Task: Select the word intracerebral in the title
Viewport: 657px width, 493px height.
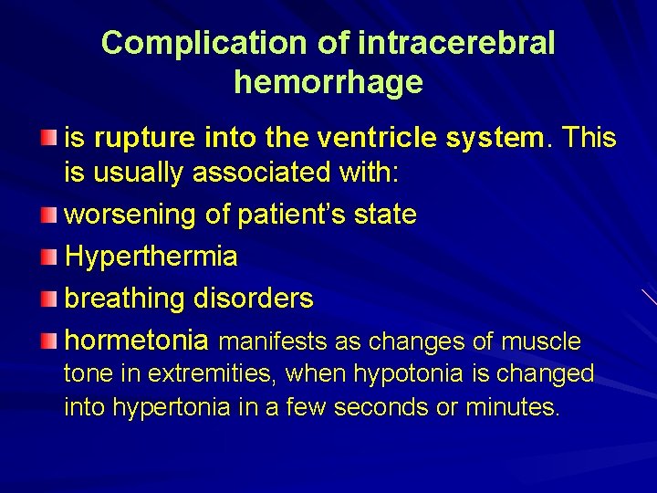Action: [x=457, y=43]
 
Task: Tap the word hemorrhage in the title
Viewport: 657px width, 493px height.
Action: [x=328, y=82]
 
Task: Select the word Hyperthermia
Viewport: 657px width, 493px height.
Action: [x=151, y=257]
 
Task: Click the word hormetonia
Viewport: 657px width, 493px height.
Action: [x=137, y=341]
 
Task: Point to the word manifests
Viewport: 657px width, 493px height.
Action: [x=275, y=341]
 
